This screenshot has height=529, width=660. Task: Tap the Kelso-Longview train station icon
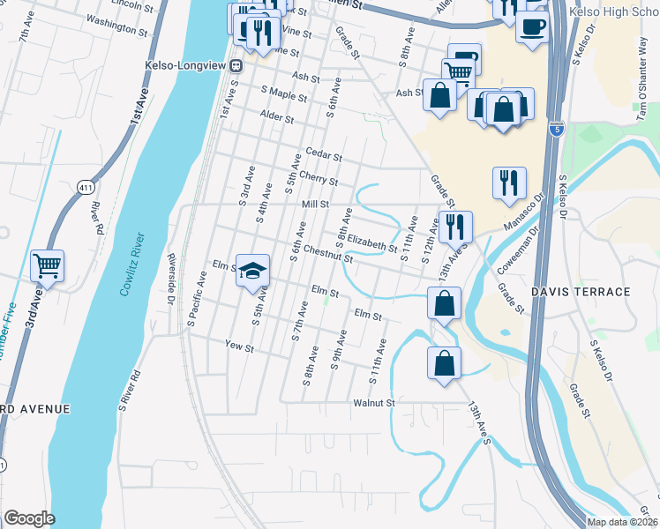(x=236, y=66)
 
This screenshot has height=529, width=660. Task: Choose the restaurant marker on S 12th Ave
(x=455, y=227)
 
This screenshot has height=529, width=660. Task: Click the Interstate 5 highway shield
(x=555, y=129)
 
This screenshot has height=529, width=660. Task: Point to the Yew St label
(x=239, y=347)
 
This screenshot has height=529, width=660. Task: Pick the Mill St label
(x=315, y=204)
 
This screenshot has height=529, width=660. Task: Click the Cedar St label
(x=324, y=155)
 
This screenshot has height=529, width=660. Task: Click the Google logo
(x=29, y=518)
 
